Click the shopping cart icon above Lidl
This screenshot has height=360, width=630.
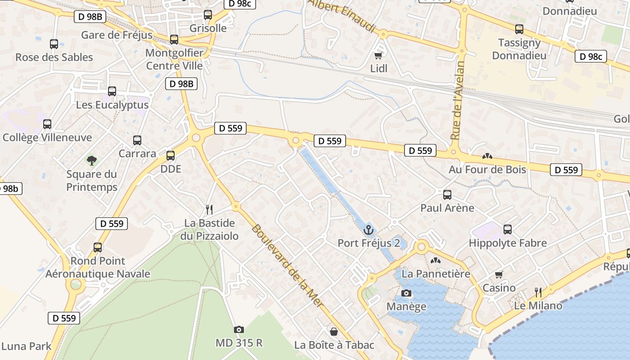(x=378, y=55)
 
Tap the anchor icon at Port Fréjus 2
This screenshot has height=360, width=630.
(x=369, y=230)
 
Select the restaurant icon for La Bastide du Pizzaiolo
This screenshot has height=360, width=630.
(x=209, y=209)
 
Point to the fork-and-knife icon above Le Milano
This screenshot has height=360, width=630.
(x=538, y=292)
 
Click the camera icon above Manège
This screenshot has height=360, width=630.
(x=406, y=293)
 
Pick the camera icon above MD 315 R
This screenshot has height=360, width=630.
(x=239, y=329)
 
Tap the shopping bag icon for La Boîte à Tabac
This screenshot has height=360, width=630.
(x=334, y=332)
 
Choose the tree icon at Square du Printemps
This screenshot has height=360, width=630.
(x=92, y=160)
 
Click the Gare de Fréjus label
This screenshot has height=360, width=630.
(x=117, y=35)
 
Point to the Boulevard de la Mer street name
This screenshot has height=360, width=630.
(x=287, y=265)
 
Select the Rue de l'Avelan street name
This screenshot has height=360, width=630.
(x=457, y=100)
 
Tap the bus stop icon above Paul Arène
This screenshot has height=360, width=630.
(x=447, y=194)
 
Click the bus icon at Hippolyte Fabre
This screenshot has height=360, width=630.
(x=508, y=229)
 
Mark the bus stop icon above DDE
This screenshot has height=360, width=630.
(x=171, y=156)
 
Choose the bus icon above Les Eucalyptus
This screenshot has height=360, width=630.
(x=112, y=91)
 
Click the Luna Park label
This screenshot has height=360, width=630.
(x=27, y=346)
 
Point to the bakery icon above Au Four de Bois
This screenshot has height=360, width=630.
(x=487, y=156)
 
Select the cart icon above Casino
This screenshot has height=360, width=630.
(x=499, y=274)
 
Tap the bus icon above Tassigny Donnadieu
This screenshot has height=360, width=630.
(x=519, y=29)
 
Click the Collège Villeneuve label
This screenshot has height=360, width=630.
(x=47, y=137)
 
